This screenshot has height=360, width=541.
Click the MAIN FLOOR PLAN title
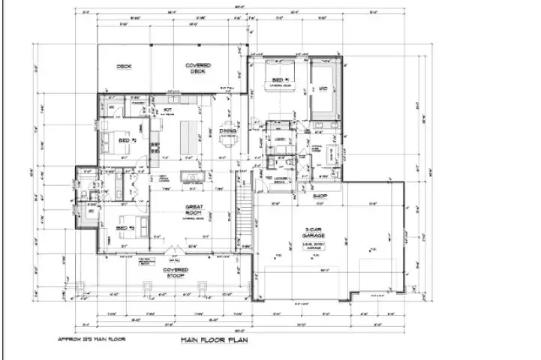pyautogui.click(x=216, y=340)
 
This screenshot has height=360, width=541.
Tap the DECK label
pyautogui.click(x=124, y=67)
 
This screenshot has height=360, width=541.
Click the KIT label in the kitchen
pyautogui.click(x=169, y=110)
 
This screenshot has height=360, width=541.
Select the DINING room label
pyautogui.click(x=227, y=130)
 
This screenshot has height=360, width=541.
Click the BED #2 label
pyautogui.click(x=127, y=139)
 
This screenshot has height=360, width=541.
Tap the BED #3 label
pyautogui.click(x=125, y=227)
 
